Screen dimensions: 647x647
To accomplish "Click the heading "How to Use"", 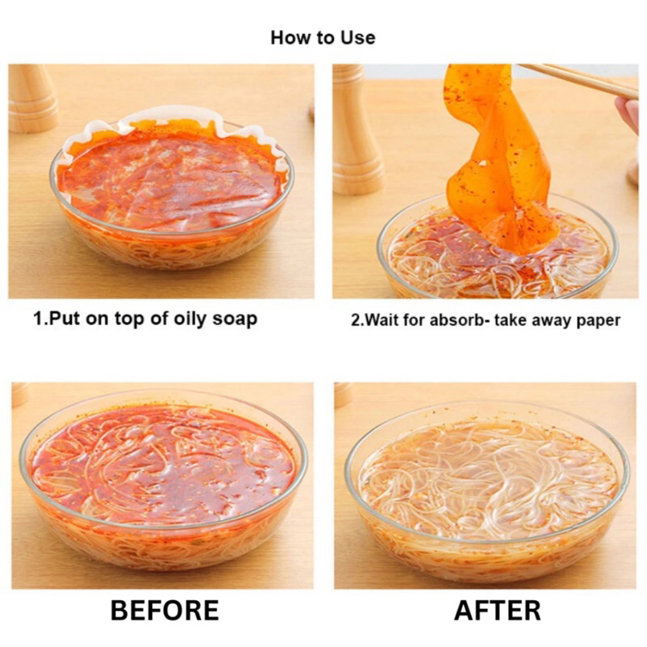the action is (323, 37).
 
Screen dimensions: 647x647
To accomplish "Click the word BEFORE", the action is (165, 611).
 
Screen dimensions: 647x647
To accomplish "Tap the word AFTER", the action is (497, 611).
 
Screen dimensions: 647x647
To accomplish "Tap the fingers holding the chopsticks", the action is (631, 114).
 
